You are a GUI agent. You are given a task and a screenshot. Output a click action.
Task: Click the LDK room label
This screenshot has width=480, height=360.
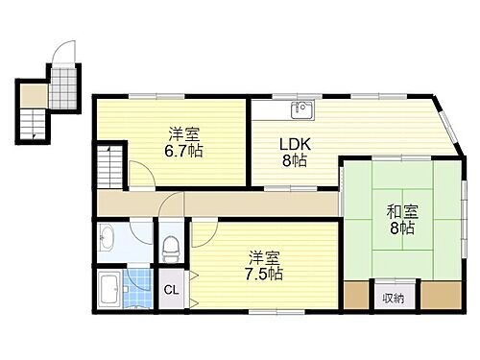293,145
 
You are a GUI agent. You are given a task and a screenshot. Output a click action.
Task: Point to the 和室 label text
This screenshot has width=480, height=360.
401,212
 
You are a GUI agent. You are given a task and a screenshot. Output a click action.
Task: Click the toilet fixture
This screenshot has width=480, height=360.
171,249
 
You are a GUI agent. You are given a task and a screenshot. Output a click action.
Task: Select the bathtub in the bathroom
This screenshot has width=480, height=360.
109,286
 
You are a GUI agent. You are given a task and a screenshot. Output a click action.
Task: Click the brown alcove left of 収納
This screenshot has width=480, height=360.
356,295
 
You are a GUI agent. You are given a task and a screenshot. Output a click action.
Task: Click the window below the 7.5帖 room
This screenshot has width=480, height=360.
265,311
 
